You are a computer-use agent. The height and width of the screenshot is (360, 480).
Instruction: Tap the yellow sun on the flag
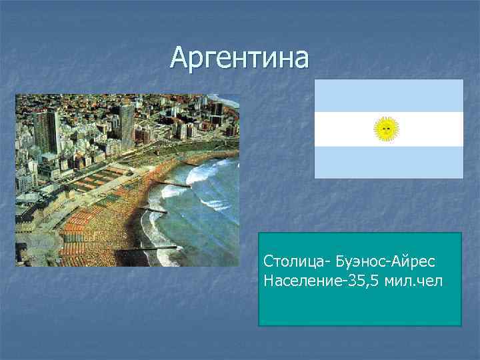coord(386,129)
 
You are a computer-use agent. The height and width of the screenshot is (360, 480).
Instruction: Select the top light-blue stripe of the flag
coord(389,95)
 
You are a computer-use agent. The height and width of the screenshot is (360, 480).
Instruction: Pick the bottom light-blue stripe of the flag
coord(389,162)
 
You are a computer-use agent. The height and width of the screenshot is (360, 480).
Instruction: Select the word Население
coord(303,281)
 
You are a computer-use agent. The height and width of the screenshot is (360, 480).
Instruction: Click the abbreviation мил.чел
coord(417,281)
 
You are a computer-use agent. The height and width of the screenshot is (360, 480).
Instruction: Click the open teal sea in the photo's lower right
coord(213,233)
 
